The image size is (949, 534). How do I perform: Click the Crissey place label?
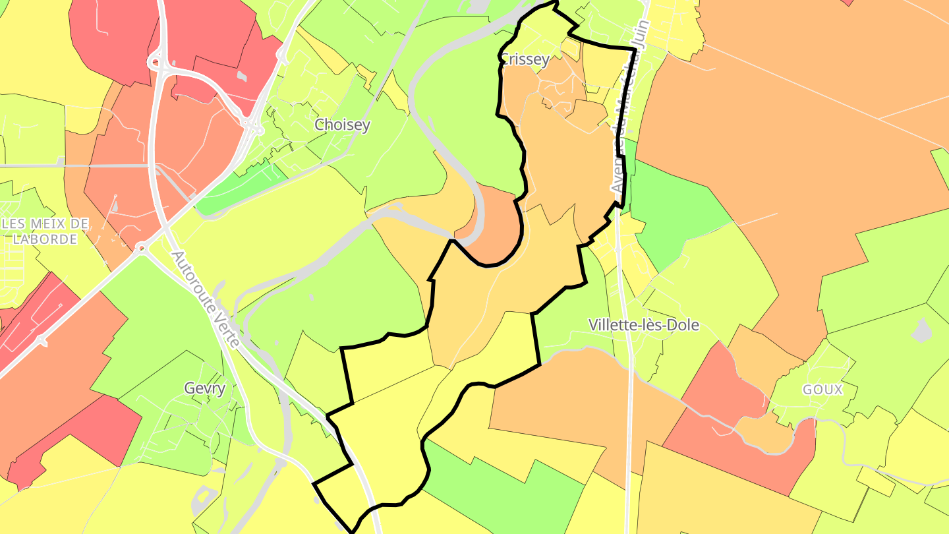click(x=525, y=60)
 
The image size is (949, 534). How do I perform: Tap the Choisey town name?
click(x=342, y=125)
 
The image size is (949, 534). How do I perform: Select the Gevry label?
click(x=205, y=388)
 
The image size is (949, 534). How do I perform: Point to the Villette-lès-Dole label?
click(x=643, y=325)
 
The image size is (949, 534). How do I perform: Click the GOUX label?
click(x=822, y=390)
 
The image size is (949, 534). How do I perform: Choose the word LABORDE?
click(x=45, y=239)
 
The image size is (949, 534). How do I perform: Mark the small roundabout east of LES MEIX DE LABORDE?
click(x=140, y=249)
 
